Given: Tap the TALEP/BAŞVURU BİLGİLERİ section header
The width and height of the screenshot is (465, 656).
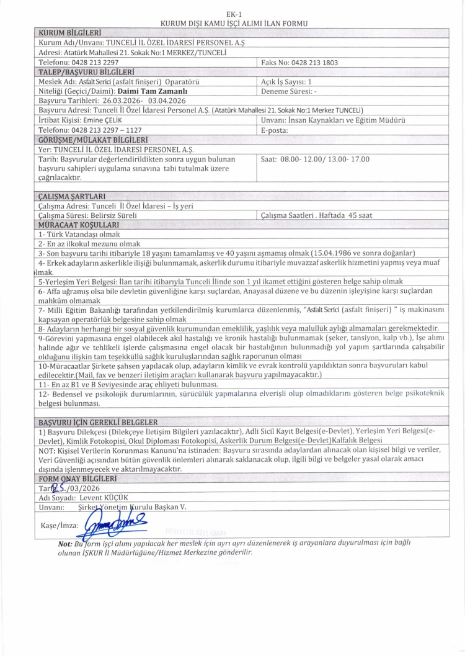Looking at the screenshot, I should point(87,72).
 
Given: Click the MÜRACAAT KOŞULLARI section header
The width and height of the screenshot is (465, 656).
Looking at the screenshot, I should point(78,224).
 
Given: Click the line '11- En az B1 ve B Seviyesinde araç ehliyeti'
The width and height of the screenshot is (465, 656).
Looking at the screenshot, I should point(127,384).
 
